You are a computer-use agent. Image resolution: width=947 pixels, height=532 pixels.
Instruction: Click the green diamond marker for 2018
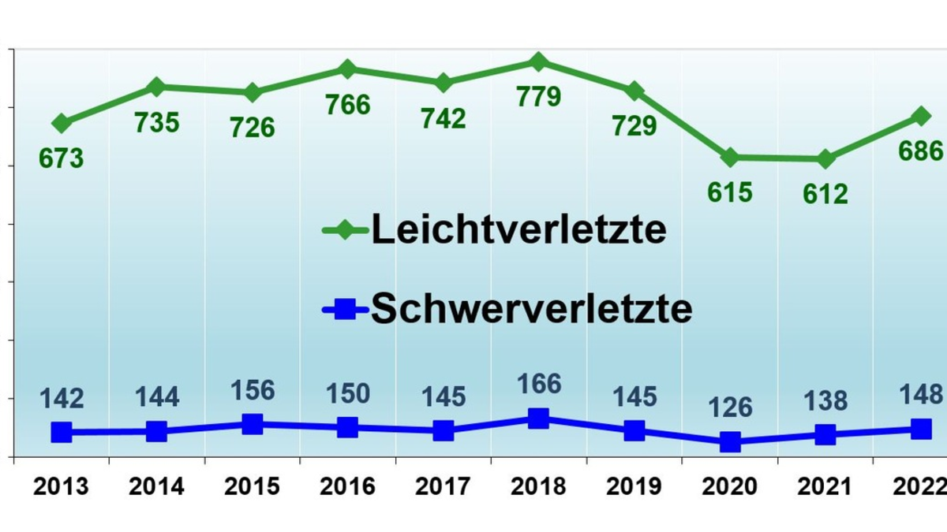click(x=538, y=61)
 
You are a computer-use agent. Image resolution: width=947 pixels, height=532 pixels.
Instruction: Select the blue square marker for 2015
click(x=253, y=424)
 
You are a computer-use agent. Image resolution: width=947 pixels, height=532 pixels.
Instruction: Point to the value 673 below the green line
click(x=61, y=158)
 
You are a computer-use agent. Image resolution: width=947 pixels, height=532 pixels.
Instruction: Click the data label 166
click(x=539, y=385)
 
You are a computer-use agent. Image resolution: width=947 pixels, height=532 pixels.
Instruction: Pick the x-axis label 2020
click(x=730, y=486)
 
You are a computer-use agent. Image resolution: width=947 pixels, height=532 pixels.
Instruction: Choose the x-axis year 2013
click(x=61, y=486)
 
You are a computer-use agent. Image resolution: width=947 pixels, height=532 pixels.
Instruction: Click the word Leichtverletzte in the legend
click(x=519, y=230)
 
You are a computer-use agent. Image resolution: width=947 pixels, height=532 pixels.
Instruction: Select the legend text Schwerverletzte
click(x=531, y=309)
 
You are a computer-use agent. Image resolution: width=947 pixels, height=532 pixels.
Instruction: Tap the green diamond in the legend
click(x=345, y=231)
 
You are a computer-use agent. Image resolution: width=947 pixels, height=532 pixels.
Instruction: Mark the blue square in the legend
click(x=345, y=310)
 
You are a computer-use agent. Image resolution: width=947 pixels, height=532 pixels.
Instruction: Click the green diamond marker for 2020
click(x=730, y=158)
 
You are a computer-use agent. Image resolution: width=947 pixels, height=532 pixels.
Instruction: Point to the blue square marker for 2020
click(x=730, y=442)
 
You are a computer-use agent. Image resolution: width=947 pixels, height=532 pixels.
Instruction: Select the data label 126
click(x=730, y=408)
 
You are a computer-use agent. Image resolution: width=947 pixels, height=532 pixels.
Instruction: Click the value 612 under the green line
click(x=825, y=193)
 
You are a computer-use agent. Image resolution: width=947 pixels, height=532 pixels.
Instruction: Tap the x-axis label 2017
click(x=443, y=486)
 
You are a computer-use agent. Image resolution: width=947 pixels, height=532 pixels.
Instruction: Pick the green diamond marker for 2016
click(x=347, y=69)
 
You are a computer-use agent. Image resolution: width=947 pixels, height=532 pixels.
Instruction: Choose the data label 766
click(x=348, y=105)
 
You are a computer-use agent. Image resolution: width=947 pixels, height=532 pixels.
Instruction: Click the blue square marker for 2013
click(x=62, y=432)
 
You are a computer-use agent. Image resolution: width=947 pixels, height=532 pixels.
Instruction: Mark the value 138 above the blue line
click(x=825, y=401)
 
